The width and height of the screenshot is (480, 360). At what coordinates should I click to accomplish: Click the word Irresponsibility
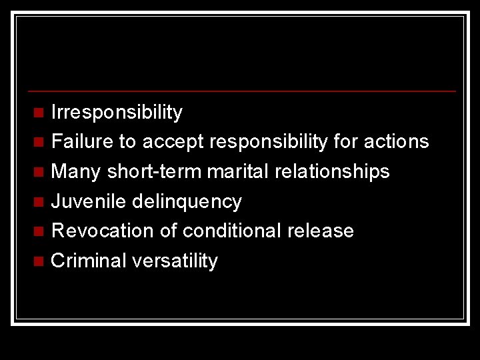(117, 113)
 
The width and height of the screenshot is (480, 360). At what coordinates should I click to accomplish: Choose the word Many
(75, 171)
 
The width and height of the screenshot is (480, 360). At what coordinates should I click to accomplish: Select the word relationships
(333, 171)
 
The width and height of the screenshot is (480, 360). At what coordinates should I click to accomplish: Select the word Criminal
(89, 261)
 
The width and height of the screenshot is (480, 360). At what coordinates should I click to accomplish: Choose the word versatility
(175, 261)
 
